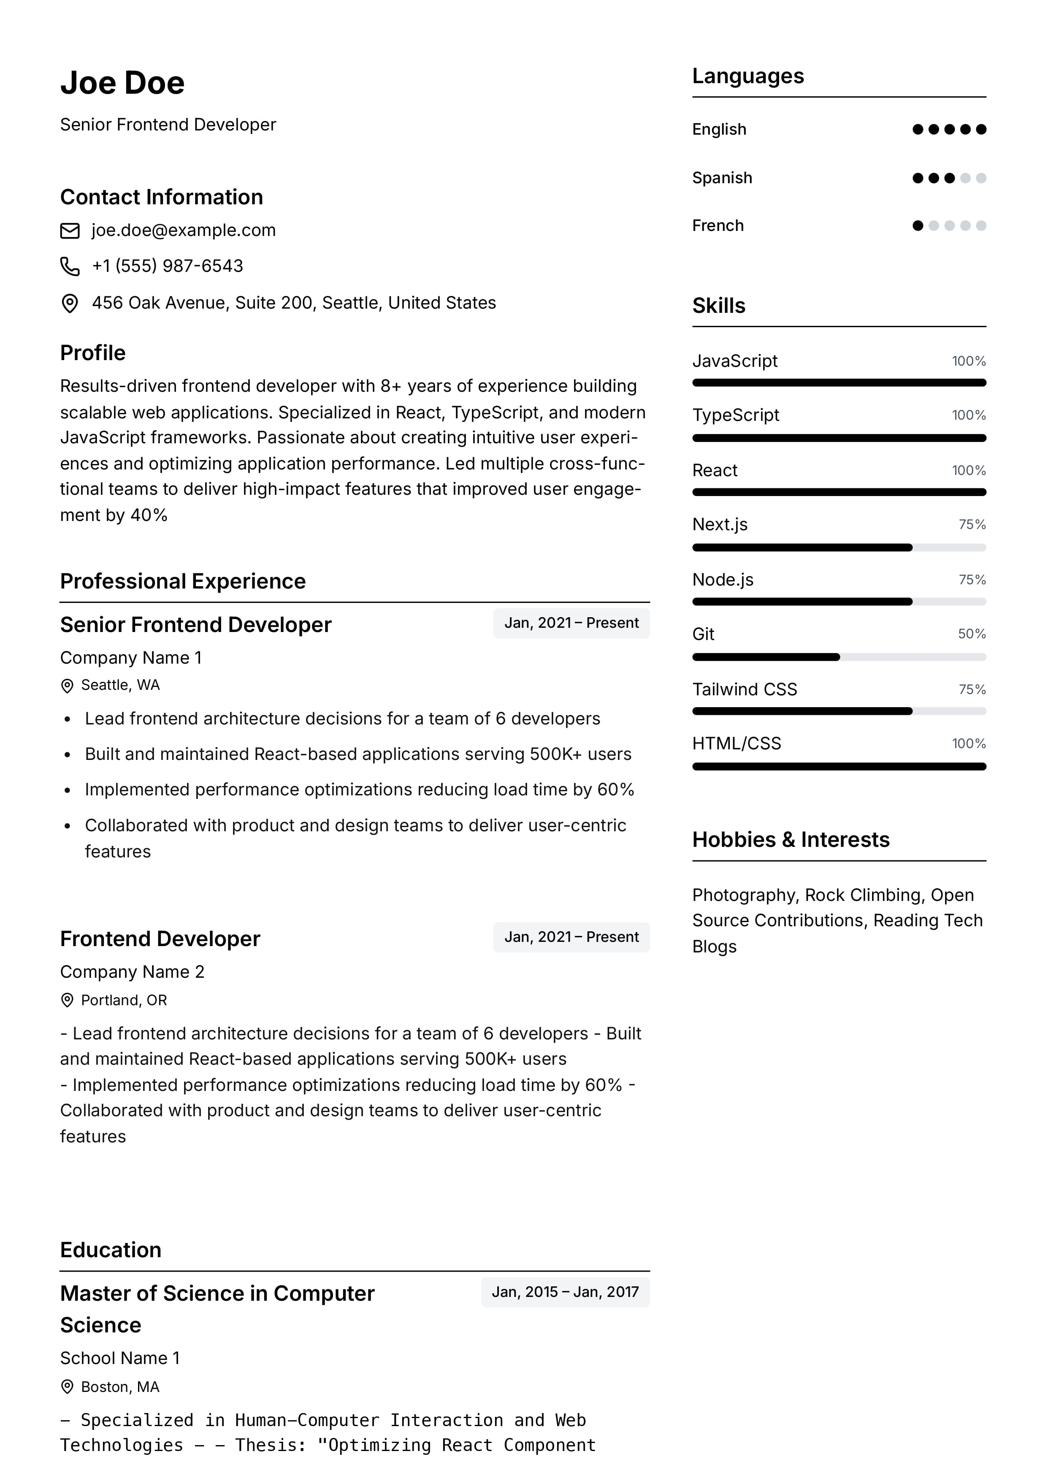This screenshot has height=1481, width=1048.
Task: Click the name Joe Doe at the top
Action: (x=122, y=83)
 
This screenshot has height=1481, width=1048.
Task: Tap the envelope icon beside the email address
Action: (x=70, y=231)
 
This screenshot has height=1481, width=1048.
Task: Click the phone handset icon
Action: (x=70, y=266)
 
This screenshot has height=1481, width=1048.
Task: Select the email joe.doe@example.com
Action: (x=183, y=231)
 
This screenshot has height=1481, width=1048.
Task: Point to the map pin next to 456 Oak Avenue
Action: (x=70, y=303)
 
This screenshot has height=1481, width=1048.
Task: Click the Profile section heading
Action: (x=93, y=353)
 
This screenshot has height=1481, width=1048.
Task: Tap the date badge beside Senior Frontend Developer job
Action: (x=571, y=624)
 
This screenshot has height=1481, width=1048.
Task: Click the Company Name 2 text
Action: (x=132, y=972)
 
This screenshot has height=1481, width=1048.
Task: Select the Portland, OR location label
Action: (x=124, y=1000)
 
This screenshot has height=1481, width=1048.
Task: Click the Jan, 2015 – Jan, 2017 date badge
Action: (x=565, y=1292)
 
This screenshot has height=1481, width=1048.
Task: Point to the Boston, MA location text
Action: (x=120, y=1387)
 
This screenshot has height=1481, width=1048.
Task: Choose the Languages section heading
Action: (x=748, y=76)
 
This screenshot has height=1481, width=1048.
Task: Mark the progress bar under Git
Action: (x=839, y=657)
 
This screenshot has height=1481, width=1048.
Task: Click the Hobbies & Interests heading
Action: (x=791, y=840)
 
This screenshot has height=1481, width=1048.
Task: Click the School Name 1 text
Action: (x=120, y=1358)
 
